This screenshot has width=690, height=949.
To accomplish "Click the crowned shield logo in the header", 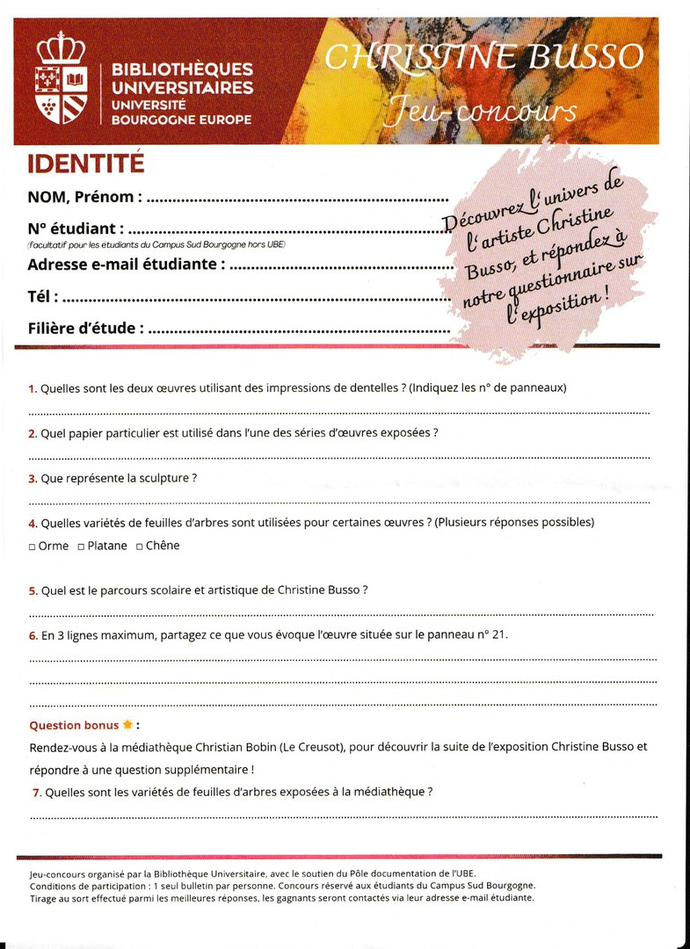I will click(x=61, y=78).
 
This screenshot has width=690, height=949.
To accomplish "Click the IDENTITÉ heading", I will click(x=85, y=164).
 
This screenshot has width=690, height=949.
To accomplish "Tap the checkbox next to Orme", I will click(x=32, y=547).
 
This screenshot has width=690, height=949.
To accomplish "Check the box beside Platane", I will click(x=81, y=547).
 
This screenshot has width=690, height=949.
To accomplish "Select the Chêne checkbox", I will click(x=139, y=547).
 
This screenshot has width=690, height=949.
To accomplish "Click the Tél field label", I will click(x=41, y=296).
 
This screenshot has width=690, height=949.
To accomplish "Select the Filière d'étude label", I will click(x=84, y=329).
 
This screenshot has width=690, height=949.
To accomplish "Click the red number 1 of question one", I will click(x=33, y=388).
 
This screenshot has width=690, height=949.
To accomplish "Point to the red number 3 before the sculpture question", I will click(x=33, y=479).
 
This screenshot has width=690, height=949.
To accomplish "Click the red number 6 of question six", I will click(x=33, y=634).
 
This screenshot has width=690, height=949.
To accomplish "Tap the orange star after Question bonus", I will click(x=128, y=725).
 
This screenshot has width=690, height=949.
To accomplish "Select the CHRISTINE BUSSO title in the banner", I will click(x=483, y=57).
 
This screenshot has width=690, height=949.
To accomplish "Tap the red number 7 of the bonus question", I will click(x=36, y=792).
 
